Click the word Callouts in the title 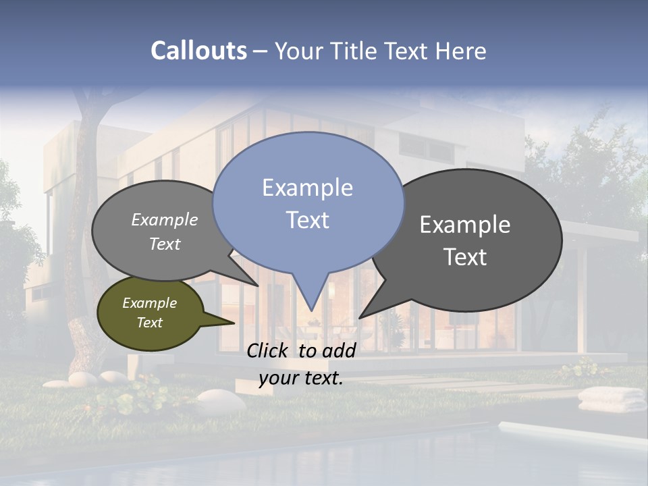click(x=198, y=51)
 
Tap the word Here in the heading click(x=461, y=51)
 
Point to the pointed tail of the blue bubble click(x=311, y=297)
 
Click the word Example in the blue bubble click(x=308, y=188)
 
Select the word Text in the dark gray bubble click(x=466, y=257)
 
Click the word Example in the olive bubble click(x=150, y=303)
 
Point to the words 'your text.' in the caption click(x=301, y=378)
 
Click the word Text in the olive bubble click(x=150, y=323)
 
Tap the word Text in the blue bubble click(x=308, y=220)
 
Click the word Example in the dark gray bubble click(x=465, y=225)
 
